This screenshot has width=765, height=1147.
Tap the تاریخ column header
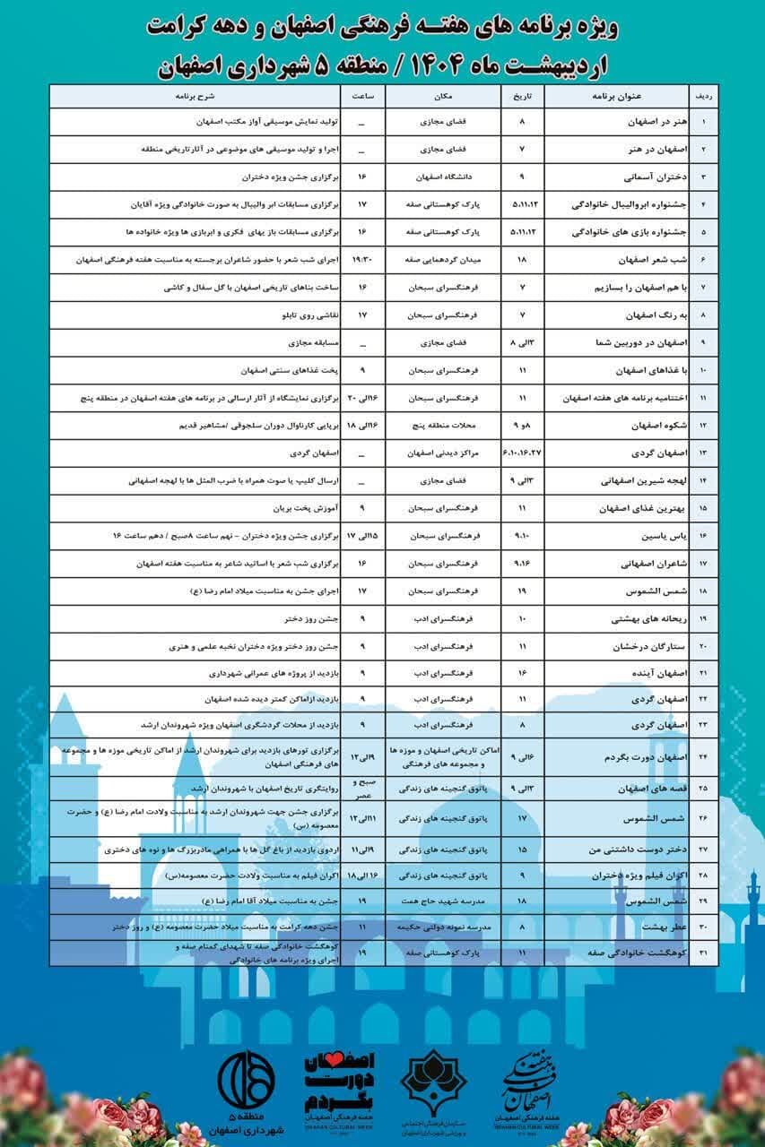click(x=522, y=95)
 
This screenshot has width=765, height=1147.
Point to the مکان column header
click(x=436, y=95)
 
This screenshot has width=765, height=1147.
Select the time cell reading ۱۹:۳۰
click(x=361, y=260)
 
